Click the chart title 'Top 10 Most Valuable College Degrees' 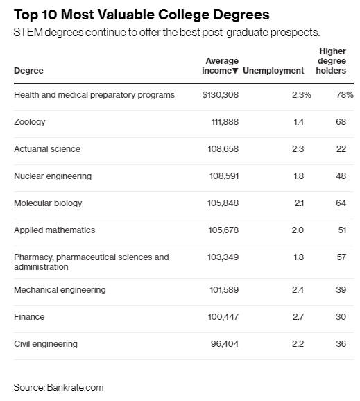pyautogui.click(x=142, y=15)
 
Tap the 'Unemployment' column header pyautogui.click(x=273, y=70)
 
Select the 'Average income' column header pyautogui.click(x=220, y=65)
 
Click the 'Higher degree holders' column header pyautogui.click(x=331, y=61)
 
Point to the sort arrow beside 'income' pyautogui.click(x=235, y=71)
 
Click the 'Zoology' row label pyautogui.click(x=30, y=122)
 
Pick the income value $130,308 pyautogui.click(x=220, y=95)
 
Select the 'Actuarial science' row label pyautogui.click(x=47, y=149)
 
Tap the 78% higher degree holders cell pyautogui.click(x=345, y=95)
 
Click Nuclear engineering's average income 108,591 pyautogui.click(x=224, y=176)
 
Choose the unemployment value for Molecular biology pyautogui.click(x=299, y=203)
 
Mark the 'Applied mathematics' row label pyautogui.click(x=55, y=230)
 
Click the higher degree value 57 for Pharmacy pyautogui.click(x=341, y=257)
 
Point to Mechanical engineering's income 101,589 pyautogui.click(x=224, y=290)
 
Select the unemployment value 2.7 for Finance pyautogui.click(x=298, y=317)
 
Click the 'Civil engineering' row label pyautogui.click(x=46, y=344)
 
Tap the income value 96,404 pyautogui.click(x=225, y=344)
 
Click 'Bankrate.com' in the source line pyautogui.click(x=75, y=387)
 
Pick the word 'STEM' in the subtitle pyautogui.click(x=28, y=33)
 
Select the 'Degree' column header pyautogui.click(x=28, y=71)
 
